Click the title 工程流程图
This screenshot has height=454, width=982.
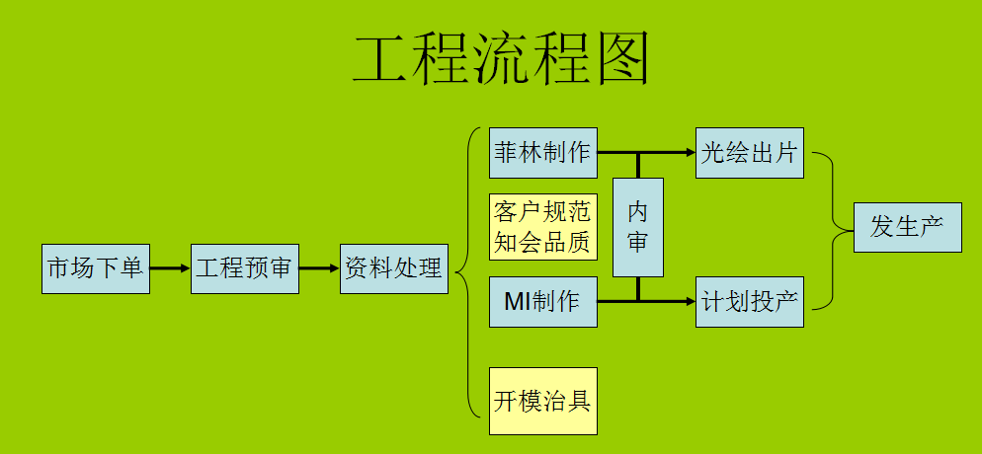point(501,60)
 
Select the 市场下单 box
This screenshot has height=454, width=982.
point(96,267)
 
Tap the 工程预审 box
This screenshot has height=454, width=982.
point(245,267)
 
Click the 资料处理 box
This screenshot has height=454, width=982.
point(393,267)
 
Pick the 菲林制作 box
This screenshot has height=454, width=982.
point(542,153)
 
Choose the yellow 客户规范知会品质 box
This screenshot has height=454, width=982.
point(542,228)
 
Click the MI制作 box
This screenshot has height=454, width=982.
point(542,302)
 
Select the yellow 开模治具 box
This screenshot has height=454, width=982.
point(542,401)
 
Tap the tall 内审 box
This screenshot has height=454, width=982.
point(637,227)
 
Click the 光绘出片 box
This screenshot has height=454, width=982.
point(749,153)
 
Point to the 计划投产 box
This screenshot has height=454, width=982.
point(749,302)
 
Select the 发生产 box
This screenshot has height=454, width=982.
point(907,227)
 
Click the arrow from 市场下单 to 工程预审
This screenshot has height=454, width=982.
point(170,267)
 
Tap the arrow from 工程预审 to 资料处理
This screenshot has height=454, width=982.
point(319,267)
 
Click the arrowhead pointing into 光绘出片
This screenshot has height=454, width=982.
point(689,153)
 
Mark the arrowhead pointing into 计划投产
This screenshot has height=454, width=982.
point(689,302)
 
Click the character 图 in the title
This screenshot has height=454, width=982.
point(623,60)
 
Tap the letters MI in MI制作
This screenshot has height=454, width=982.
point(519,302)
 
